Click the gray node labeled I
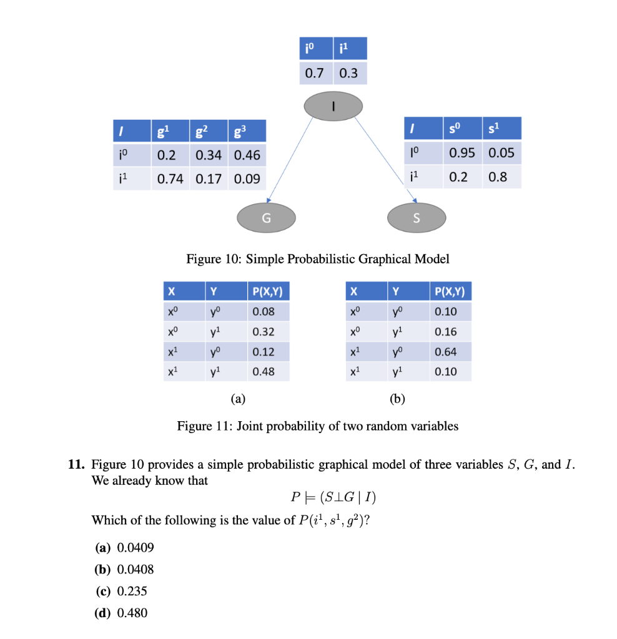(x=333, y=107)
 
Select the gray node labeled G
(x=267, y=218)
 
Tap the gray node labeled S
(x=417, y=218)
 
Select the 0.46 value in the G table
(x=247, y=154)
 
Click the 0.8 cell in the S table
(x=498, y=177)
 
